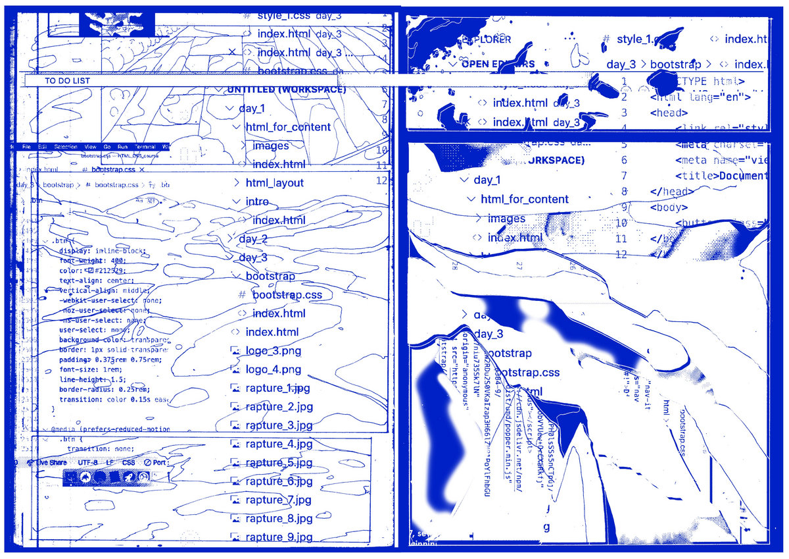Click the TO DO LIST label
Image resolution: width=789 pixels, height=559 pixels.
(x=67, y=81)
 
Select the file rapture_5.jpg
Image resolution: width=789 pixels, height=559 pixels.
(x=278, y=463)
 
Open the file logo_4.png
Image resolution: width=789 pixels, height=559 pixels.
(x=274, y=369)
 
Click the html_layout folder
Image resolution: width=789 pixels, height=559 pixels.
(x=275, y=183)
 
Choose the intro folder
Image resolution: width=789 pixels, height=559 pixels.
(x=257, y=201)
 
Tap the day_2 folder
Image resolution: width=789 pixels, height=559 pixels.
(x=253, y=239)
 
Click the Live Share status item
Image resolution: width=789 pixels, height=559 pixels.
(x=51, y=463)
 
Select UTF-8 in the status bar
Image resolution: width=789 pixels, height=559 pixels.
(x=87, y=463)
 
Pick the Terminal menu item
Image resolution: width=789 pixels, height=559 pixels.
(x=145, y=146)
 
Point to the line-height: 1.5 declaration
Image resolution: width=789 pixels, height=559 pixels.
(x=91, y=379)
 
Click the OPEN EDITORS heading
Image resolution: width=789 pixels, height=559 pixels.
(x=498, y=64)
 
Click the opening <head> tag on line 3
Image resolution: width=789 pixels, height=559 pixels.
(x=669, y=113)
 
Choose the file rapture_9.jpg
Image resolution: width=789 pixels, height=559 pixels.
(x=279, y=537)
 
